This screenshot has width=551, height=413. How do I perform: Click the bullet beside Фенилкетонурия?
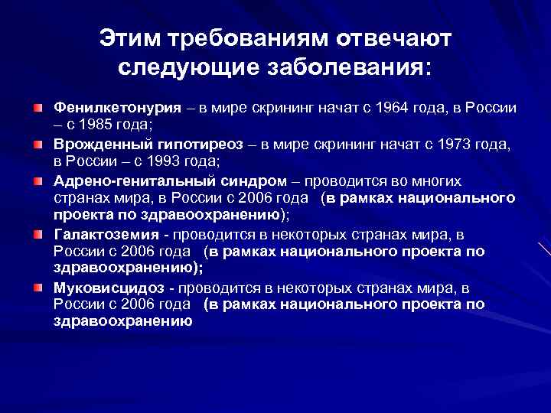37,106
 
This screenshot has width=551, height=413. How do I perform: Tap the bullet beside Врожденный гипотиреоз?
37,143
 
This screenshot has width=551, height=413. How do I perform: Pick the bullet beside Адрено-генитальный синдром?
37,180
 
